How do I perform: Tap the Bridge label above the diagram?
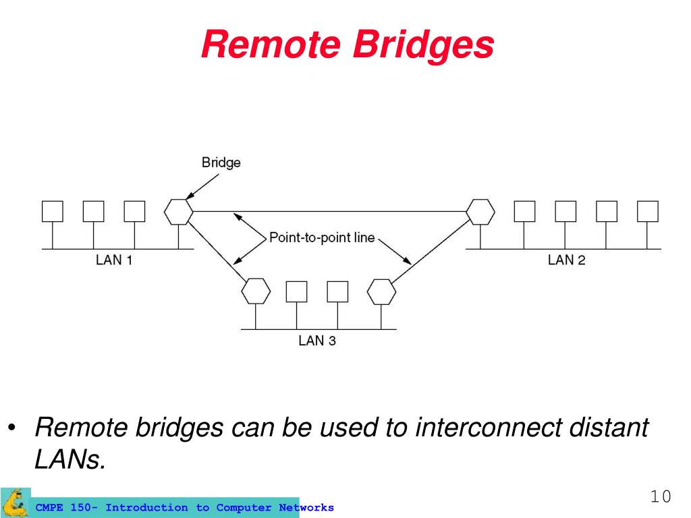click(221, 163)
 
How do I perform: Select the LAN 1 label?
click(113, 260)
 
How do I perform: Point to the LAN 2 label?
click(566, 260)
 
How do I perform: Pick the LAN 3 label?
click(317, 341)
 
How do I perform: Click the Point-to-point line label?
click(322, 237)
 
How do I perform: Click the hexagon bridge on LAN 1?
click(179, 212)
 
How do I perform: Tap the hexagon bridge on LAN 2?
click(480, 212)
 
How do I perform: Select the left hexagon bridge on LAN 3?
click(256, 291)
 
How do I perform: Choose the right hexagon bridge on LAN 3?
click(381, 291)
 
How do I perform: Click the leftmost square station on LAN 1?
click(53, 212)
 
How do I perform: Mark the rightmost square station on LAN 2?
click(648, 212)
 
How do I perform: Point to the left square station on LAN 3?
click(296, 291)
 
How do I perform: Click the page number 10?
click(661, 497)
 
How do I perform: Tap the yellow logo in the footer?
click(15, 502)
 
